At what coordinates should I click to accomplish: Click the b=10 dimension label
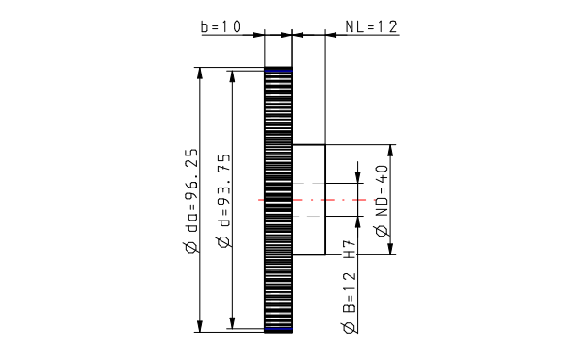(221, 26)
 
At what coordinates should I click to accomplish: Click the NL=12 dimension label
(371, 26)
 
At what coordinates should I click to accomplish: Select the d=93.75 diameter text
(223, 190)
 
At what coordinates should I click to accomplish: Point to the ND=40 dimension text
(382, 190)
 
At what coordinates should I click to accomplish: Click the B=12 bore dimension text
(349, 292)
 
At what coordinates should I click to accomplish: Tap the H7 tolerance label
(349, 250)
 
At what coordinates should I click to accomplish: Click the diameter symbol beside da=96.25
(192, 247)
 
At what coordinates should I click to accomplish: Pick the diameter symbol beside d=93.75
(223, 241)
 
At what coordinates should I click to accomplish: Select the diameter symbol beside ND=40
(382, 231)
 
